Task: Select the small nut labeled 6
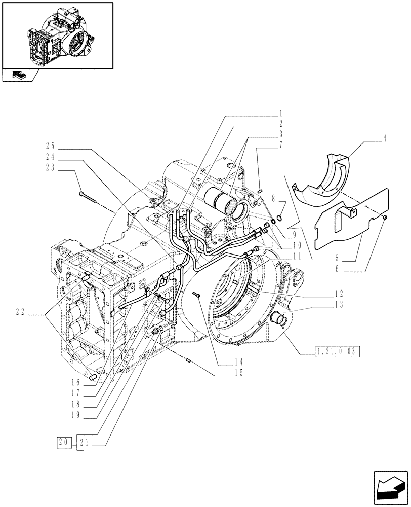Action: (385, 218)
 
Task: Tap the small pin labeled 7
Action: (259, 191)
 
